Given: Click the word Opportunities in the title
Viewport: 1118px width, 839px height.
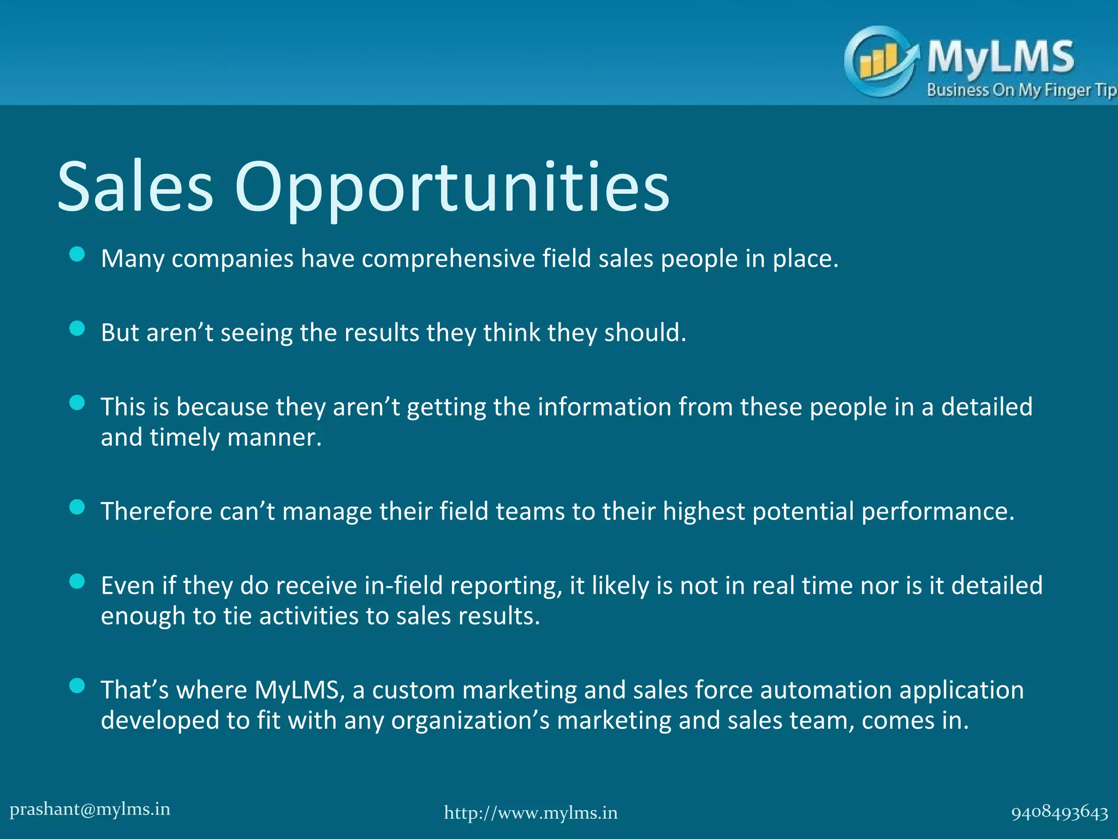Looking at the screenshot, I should pyautogui.click(x=452, y=188).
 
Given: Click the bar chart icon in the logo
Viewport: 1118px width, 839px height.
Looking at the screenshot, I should pyautogui.click(x=877, y=61).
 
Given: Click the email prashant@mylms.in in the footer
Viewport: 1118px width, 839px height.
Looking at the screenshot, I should pyautogui.click(x=90, y=809).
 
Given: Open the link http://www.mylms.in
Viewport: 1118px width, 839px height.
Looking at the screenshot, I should pyautogui.click(x=531, y=813).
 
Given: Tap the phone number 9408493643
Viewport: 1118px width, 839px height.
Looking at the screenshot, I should pyautogui.click(x=1060, y=813).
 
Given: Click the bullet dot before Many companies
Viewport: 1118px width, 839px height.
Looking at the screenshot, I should pyautogui.click(x=78, y=254).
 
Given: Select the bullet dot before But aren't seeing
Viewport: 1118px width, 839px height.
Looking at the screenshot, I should pyautogui.click(x=78, y=328).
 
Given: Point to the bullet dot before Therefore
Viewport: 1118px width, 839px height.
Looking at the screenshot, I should pyautogui.click(x=78, y=507).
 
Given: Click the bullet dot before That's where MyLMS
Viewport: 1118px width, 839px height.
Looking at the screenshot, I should pyautogui.click(x=78, y=686).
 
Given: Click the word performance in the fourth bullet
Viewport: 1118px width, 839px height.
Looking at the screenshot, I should pyautogui.click(x=937, y=512).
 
